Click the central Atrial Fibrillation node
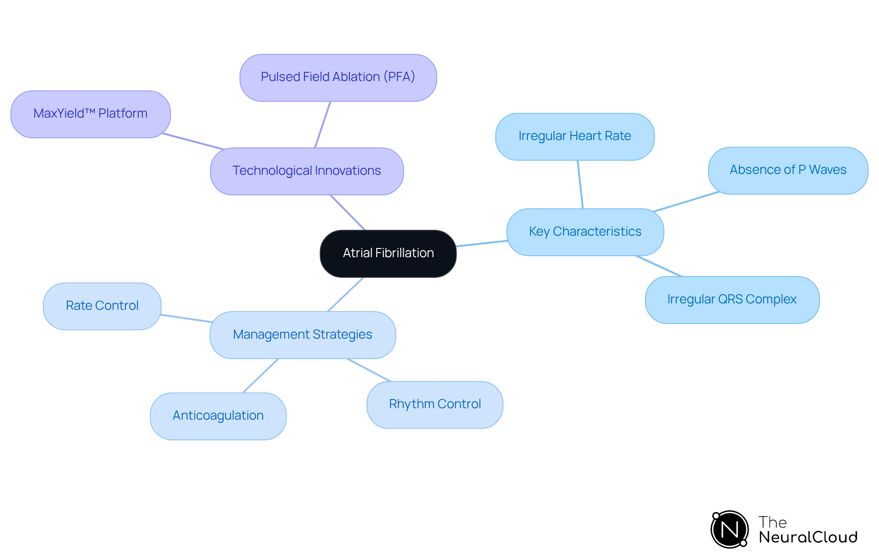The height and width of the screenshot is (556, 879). [x=388, y=253]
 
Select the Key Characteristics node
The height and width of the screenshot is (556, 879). [x=585, y=232]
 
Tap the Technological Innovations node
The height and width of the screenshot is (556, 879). [x=307, y=171]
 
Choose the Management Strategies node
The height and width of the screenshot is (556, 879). [x=303, y=335]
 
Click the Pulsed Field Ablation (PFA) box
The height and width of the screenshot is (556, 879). [x=338, y=77]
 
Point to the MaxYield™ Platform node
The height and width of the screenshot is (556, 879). [x=91, y=114]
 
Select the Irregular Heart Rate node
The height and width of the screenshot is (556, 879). [x=575, y=136]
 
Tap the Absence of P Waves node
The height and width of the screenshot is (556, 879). [x=787, y=170]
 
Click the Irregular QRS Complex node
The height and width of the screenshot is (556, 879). [x=732, y=300]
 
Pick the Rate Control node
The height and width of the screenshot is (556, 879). [x=102, y=306]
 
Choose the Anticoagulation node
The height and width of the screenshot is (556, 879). [x=218, y=416]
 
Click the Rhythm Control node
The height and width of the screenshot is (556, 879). [x=434, y=405]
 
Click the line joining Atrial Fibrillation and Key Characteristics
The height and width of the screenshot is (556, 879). [x=482, y=243]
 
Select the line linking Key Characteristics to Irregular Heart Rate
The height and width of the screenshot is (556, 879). [x=580, y=184]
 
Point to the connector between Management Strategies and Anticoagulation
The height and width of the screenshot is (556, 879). [x=260, y=376]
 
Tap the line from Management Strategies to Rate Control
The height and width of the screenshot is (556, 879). [x=186, y=318]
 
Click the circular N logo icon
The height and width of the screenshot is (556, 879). [x=729, y=529]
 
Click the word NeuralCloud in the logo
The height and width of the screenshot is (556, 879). [x=808, y=537]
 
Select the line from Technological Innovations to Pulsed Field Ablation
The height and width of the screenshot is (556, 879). [x=323, y=124]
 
